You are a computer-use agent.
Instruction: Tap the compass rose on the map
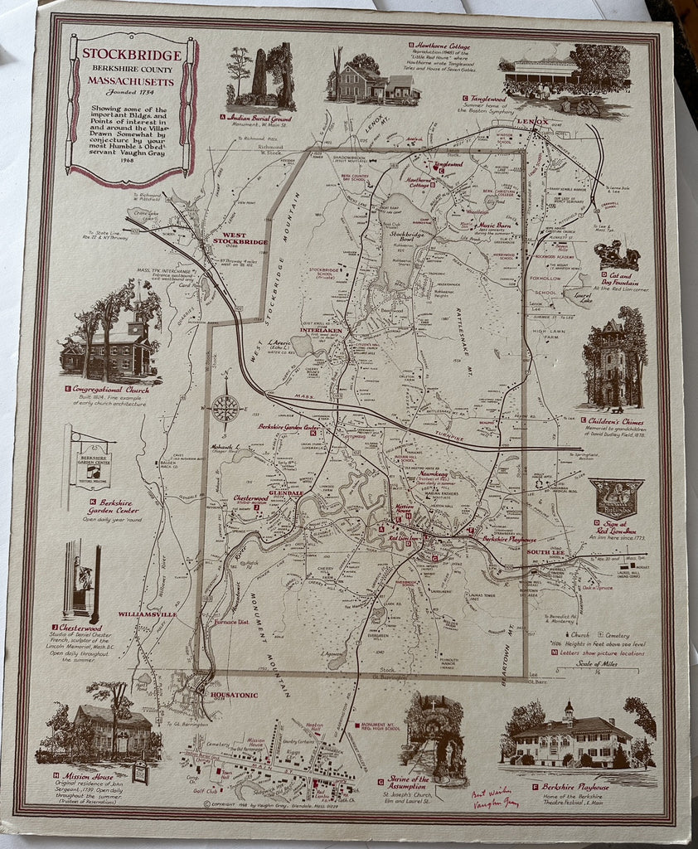225,407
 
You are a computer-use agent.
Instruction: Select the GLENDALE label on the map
286,492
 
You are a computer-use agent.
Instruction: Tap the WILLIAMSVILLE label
148,614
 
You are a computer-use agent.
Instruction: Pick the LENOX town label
531,122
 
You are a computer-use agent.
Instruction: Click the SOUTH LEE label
545,552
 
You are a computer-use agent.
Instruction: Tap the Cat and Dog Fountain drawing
616,255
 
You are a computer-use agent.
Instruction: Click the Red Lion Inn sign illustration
615,497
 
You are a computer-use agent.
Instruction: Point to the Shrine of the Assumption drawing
435,737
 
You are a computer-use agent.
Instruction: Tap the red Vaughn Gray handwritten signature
495,797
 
